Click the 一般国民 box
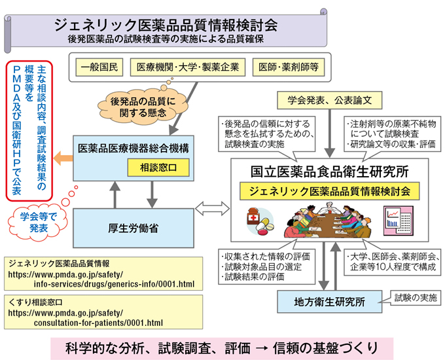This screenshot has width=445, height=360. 99,67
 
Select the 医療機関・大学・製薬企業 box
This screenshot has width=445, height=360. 187,67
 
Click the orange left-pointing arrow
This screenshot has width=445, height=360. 63,158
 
